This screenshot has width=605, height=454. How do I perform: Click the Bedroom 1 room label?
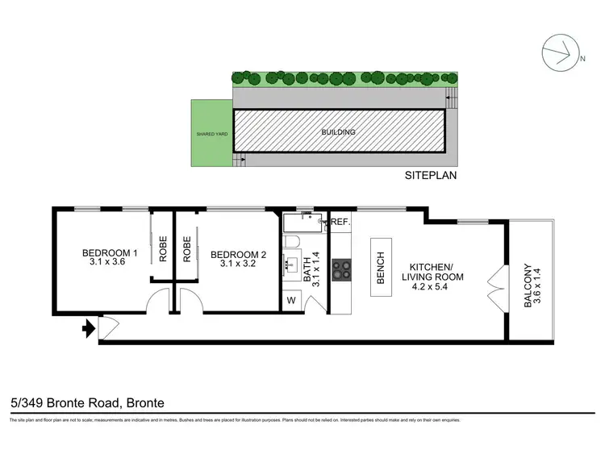111,257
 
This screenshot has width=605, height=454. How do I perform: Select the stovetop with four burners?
340,267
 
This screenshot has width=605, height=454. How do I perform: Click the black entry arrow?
86,327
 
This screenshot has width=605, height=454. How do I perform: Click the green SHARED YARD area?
211,133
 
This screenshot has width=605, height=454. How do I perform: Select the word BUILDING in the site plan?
339,131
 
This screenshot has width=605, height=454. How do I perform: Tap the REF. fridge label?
339,222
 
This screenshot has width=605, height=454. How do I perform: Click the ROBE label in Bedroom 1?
161,250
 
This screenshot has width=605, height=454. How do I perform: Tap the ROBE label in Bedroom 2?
187,250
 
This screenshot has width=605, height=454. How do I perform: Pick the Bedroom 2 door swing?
191,305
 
